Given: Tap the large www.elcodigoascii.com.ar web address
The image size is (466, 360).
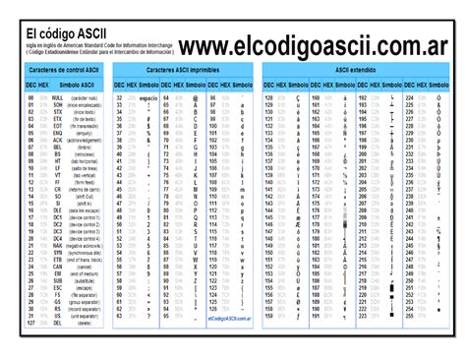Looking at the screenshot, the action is coord(310,46).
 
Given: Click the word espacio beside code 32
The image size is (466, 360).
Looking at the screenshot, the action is coord(148,99).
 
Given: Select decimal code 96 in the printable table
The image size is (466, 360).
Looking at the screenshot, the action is coord(213,99).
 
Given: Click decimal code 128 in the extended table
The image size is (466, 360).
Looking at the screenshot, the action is coord(268,99).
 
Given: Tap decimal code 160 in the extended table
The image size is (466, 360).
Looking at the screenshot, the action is coord(316,99).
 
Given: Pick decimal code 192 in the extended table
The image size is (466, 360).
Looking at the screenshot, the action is coord(363,99).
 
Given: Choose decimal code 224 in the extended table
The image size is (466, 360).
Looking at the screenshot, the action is coord(410,99).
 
